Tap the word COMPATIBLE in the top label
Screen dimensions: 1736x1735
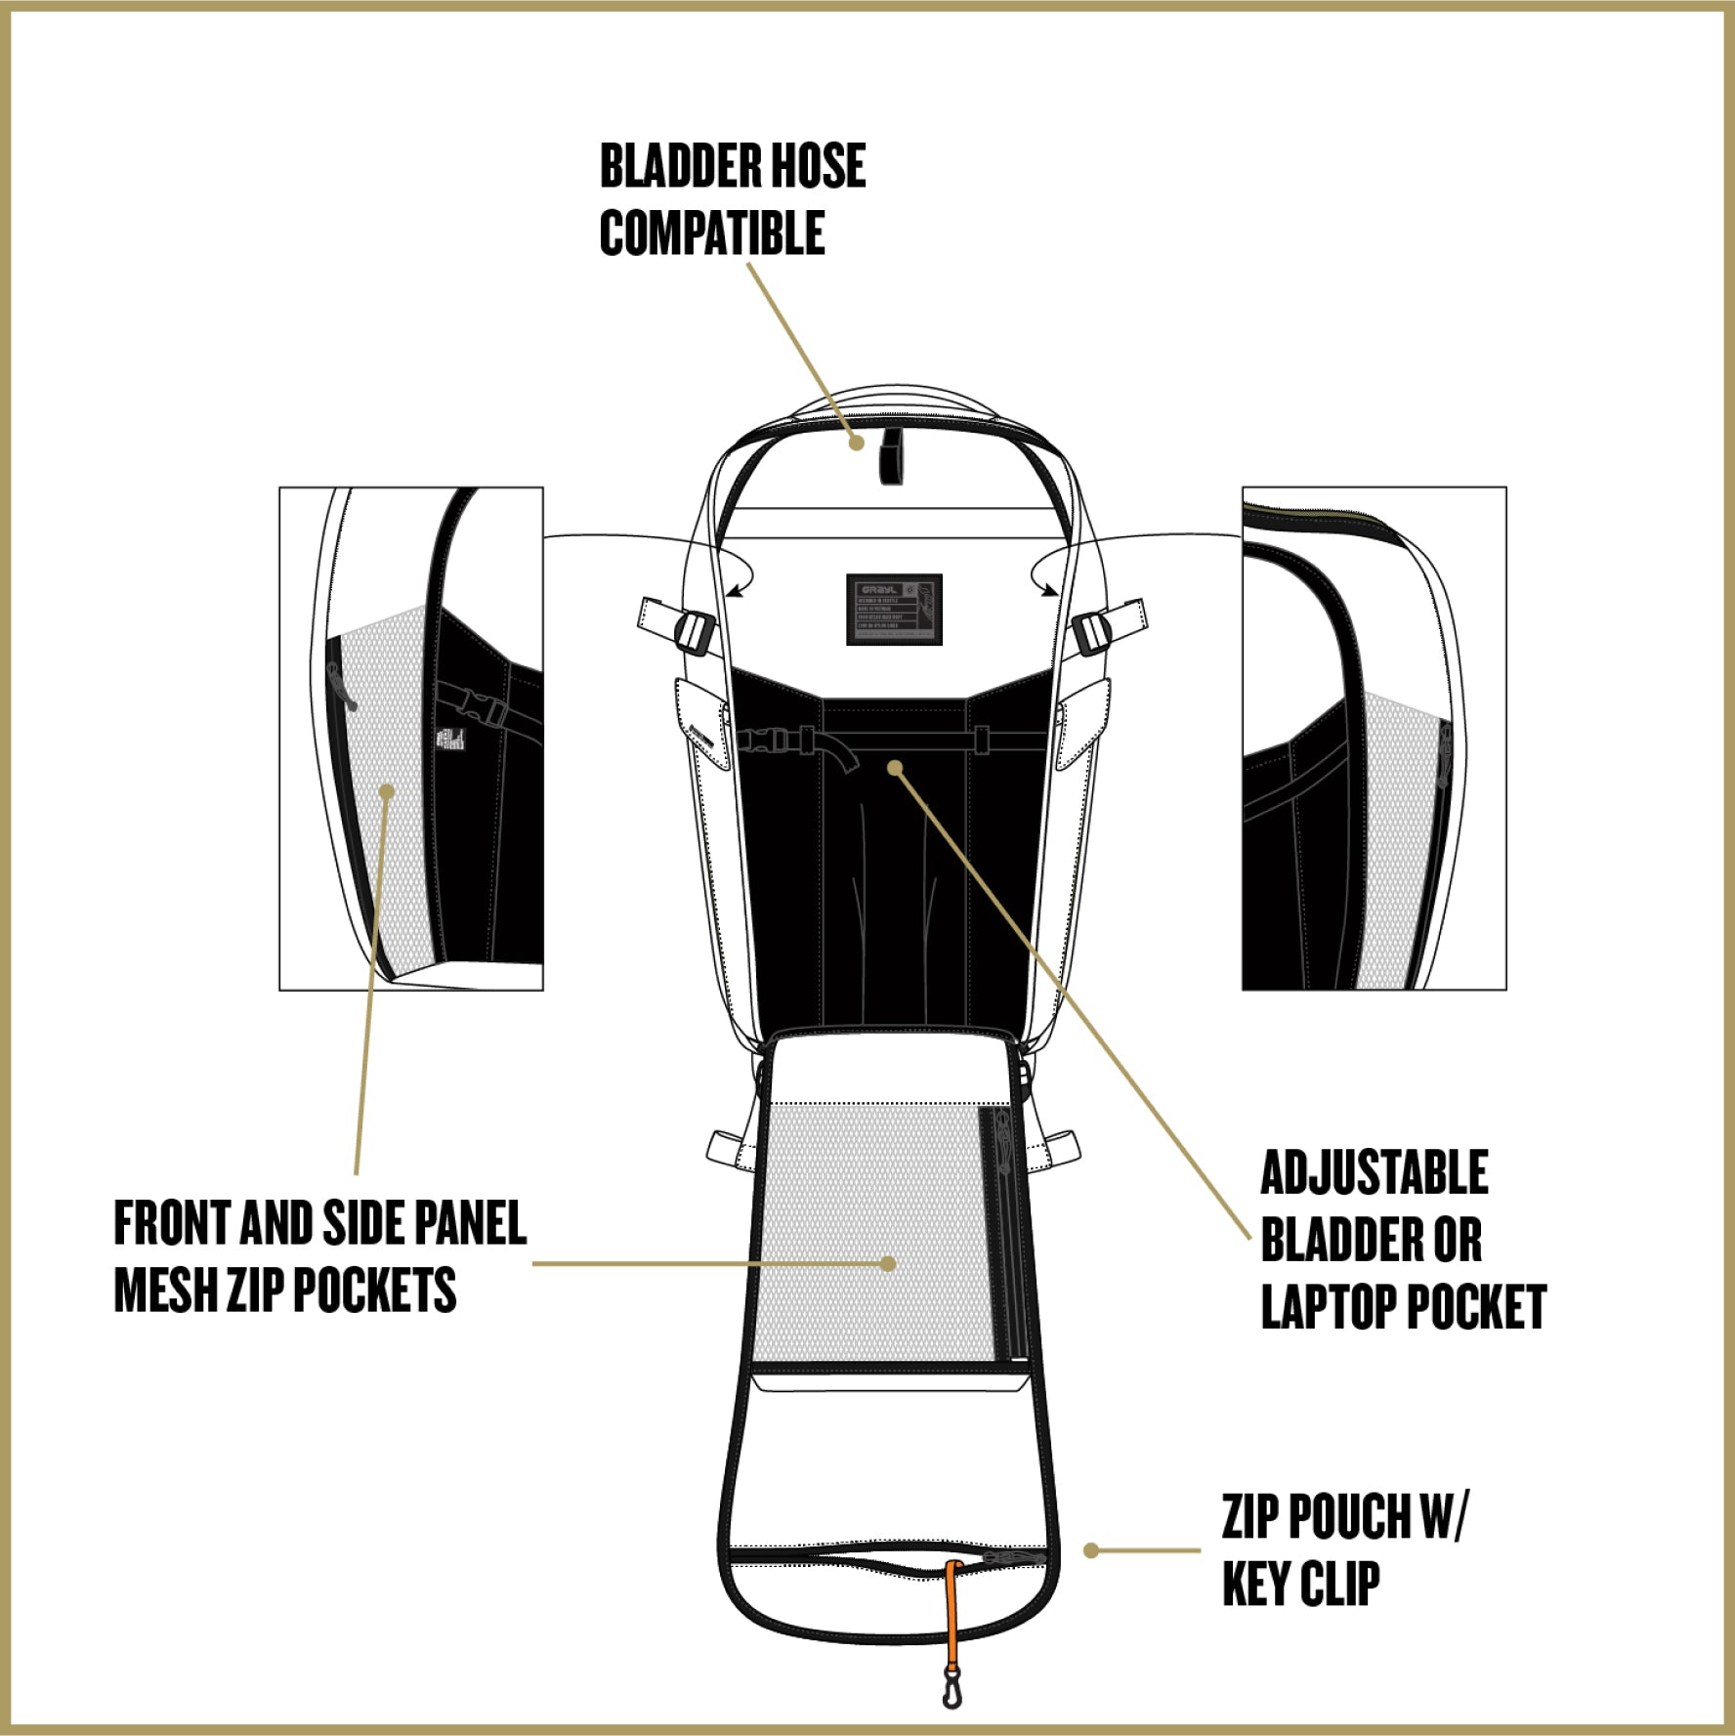(x=712, y=233)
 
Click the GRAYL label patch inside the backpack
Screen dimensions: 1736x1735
(x=894, y=609)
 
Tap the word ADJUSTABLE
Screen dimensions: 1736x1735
(x=1374, y=1172)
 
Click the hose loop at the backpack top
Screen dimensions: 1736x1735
(x=891, y=452)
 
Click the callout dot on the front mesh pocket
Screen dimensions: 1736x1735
(x=888, y=1263)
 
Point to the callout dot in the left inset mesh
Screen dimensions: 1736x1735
(x=388, y=791)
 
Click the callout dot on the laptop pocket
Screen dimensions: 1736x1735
(x=894, y=768)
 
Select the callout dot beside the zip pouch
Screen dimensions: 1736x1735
(x=1091, y=1550)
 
